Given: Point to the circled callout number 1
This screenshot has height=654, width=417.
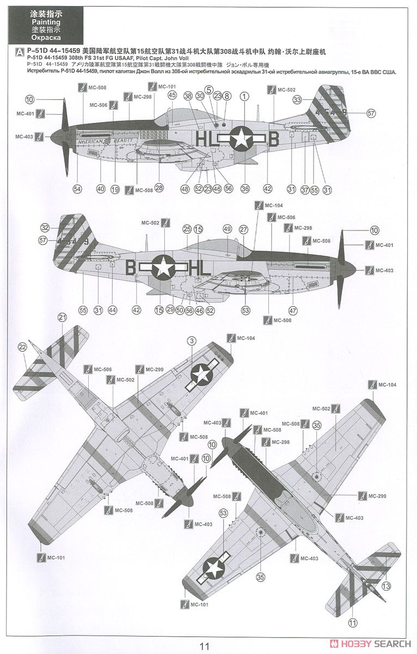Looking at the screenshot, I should click(x=244, y=96).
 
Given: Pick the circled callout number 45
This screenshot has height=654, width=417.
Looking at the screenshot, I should click(x=172, y=95).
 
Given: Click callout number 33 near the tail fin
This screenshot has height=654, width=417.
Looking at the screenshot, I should click(x=297, y=100).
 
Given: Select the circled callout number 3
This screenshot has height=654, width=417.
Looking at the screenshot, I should click(x=192, y=341).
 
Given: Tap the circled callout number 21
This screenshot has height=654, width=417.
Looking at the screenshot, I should click(x=62, y=317).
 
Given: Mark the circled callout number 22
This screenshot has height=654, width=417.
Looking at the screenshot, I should click(x=22, y=347).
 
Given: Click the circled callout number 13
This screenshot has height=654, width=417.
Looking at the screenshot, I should click(x=386, y=586).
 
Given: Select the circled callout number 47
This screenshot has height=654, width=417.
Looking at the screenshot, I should click(x=293, y=310).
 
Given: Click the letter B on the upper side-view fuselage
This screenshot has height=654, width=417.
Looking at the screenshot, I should click(x=274, y=140).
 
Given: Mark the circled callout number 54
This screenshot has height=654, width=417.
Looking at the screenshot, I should click(x=77, y=189).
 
